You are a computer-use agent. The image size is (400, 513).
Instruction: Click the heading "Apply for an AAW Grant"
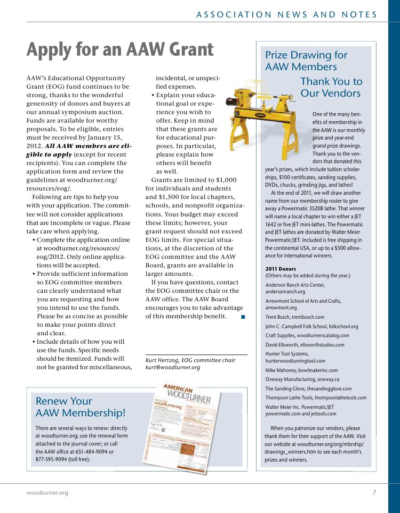pos(120,50)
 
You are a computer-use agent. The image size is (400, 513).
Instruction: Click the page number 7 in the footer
pos(374,493)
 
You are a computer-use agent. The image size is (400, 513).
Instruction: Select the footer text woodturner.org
pos(47,493)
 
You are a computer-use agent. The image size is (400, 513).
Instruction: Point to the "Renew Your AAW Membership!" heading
pos(80,407)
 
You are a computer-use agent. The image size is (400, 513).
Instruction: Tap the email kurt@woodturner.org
pos(173,367)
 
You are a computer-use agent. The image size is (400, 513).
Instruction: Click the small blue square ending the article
pos(243,317)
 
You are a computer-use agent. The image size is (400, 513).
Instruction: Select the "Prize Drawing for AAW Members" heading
pos(306,61)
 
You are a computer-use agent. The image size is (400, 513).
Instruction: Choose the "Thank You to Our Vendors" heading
pos(331,87)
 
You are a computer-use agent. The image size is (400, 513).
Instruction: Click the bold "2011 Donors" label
pos(278,269)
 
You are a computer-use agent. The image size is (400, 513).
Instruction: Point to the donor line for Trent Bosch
pos(295,317)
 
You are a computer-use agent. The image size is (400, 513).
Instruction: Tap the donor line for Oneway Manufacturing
pos(302,380)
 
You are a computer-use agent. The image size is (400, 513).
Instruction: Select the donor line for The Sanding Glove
pos(308,389)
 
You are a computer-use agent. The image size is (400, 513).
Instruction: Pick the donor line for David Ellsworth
pos(304,345)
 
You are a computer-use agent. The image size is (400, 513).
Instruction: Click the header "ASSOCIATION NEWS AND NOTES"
pos(287,15)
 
